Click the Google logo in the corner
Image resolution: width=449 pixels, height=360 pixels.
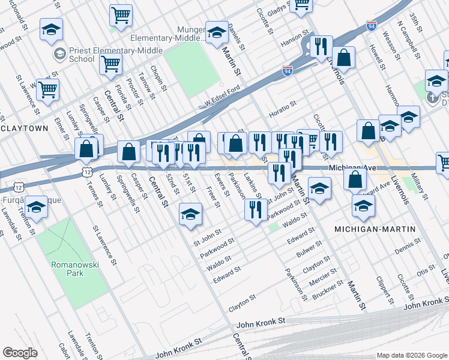click(x=20, y=353)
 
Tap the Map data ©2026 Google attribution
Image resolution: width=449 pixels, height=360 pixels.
click(x=411, y=355)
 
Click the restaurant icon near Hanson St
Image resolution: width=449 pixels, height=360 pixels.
click(x=321, y=47)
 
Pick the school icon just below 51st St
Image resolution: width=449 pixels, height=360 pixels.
click(x=190, y=215)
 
